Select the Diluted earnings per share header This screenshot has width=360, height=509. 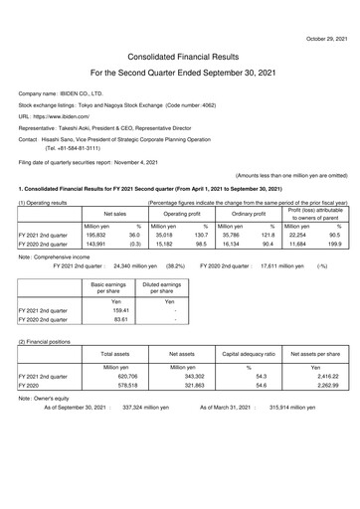tap(169, 289)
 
